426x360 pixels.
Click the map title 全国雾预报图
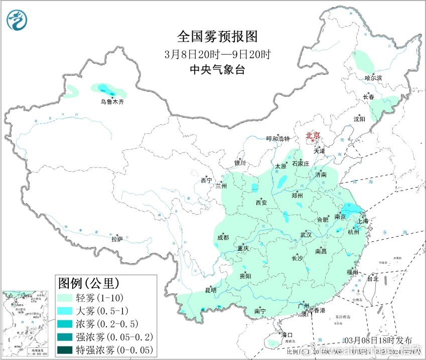pos(217,37)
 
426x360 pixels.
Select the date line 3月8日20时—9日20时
pos(217,54)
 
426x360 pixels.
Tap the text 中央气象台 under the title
pos(217,70)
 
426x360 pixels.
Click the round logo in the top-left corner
pos(17,20)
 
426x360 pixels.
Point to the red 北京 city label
pos(313,135)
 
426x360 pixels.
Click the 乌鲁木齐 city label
pos(111,102)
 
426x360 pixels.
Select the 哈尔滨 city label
pos(373,78)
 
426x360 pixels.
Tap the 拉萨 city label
pos(117,240)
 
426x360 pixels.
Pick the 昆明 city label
pos(211,290)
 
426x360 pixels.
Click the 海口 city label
pos(287,334)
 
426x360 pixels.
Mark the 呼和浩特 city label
pos(278,139)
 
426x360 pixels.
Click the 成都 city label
pos(223,238)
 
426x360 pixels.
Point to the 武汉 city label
pos(306,235)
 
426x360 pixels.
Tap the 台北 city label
pos(373,278)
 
